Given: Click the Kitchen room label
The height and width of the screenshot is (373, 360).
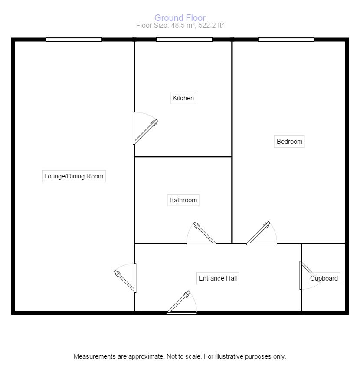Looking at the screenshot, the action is coord(183,98).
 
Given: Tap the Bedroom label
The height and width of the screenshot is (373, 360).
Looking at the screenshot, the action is coord(289,142).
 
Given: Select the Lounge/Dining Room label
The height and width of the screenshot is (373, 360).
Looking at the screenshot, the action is coord(74,176).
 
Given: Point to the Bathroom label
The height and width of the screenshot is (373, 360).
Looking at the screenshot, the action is coord(183,200).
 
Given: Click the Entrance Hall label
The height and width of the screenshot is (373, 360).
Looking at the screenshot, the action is coord(218,278).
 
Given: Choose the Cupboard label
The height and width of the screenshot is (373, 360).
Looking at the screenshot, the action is coord(324,278).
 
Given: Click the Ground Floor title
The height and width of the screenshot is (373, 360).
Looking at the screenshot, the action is coord(180,18).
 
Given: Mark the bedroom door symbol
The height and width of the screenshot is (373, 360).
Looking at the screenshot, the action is coord(262,235).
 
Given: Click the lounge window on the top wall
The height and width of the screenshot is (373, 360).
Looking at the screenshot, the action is coord(74,40).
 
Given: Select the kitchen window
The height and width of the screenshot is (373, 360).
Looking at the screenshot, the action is coord(184,40).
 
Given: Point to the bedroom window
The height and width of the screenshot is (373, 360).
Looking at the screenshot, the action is coord(286,40).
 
